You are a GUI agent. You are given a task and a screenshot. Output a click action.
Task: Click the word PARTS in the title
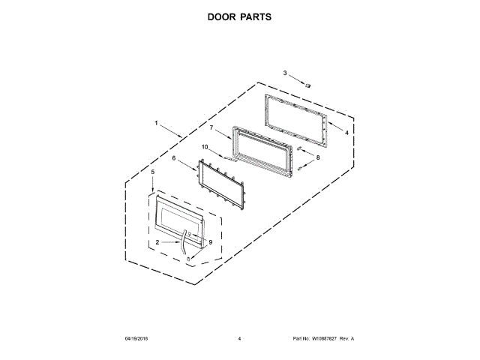tap(259, 16)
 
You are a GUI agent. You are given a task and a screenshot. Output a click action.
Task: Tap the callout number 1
tap(156, 122)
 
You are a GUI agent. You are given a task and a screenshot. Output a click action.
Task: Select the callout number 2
tap(157, 243)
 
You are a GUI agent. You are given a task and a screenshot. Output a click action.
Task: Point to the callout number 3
tap(285, 73)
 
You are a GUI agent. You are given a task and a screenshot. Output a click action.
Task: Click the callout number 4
tap(346, 132)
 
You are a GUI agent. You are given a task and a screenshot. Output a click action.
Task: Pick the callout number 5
tap(153, 172)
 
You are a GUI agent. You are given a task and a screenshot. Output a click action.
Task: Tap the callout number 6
tap(174, 158)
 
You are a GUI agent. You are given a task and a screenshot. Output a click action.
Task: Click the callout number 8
tap(317, 158)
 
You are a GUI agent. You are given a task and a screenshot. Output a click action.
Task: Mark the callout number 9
tap(211, 242)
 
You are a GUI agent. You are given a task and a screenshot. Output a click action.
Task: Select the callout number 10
tap(204, 147)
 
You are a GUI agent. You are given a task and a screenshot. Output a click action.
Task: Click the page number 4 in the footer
tap(239, 339)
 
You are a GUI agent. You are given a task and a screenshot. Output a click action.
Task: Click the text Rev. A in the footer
tap(346, 339)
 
